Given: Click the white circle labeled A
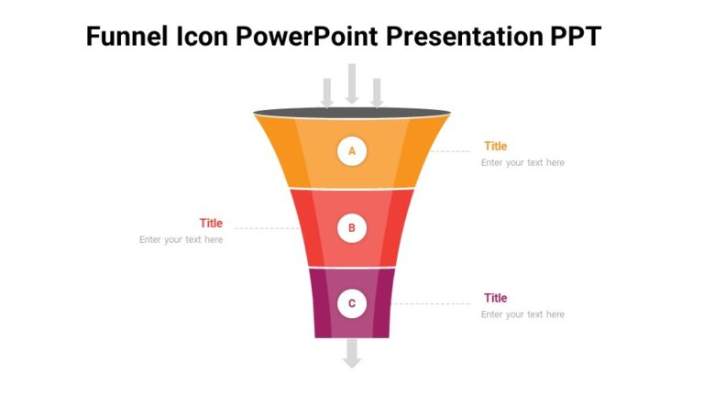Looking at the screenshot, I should coord(352,151).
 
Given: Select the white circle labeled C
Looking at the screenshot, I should coord(352,303).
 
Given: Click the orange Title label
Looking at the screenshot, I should coord(495,146).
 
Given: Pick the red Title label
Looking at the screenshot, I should coord(211,223).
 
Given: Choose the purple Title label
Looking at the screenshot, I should coord(495,298).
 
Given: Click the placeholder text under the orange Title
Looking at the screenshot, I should coord(522,163).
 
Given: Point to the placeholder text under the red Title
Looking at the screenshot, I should coord(181,240).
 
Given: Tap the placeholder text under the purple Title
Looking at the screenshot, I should coord(522,314).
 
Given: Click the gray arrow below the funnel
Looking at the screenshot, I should coord(352,354).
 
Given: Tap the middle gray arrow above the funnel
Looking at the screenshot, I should coord(352,83).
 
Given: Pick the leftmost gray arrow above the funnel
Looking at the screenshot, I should coord(326,92).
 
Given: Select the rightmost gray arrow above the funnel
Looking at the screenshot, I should coord(377,92).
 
